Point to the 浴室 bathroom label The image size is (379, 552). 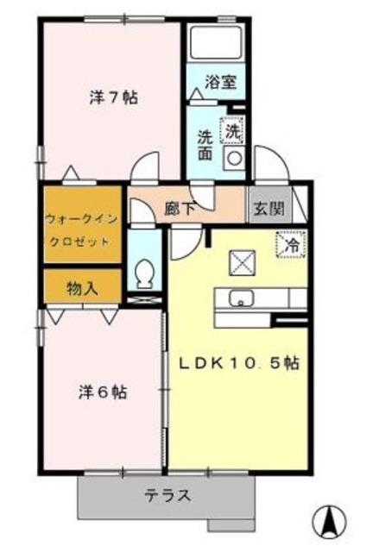pyautogui.click(x=220, y=82)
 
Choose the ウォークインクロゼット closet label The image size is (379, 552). pyautogui.click(x=78, y=225)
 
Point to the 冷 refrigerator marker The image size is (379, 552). pyautogui.click(x=290, y=244)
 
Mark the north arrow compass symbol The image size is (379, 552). pyautogui.click(x=330, y=522)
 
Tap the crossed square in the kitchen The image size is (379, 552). pyautogui.click(x=240, y=260)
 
